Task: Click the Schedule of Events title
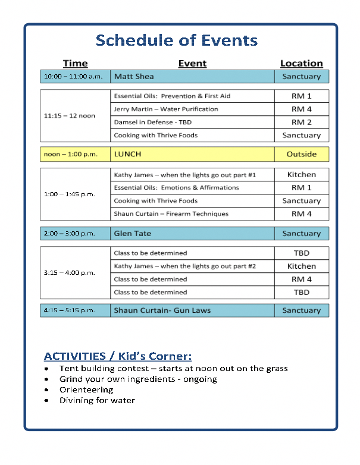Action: point(177,40)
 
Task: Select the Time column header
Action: point(75,64)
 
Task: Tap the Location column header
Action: point(301,64)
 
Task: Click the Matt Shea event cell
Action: point(192,77)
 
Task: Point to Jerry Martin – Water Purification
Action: point(166,109)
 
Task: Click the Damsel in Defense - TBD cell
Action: point(153,122)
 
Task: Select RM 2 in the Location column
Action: point(301,122)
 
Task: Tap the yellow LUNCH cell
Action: point(192,154)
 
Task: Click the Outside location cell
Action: point(301,154)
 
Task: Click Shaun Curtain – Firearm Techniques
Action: point(171,214)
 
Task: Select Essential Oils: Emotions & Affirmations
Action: point(176,188)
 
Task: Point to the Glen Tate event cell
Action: point(192,234)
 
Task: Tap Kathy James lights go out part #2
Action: point(184,266)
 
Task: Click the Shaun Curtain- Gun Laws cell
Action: point(192,310)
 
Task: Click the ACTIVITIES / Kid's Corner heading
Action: point(118,356)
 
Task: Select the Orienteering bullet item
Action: point(86,390)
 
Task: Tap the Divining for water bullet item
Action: point(97,401)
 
